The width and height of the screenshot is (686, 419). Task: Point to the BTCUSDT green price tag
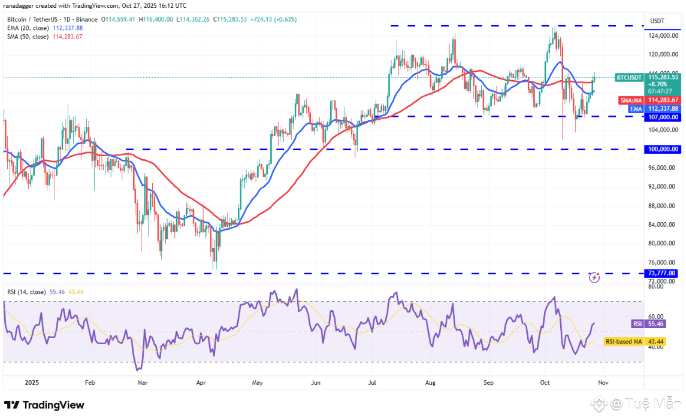point(630,77)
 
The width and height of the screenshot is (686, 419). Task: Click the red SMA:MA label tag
point(630,100)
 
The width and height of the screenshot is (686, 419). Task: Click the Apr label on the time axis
point(201,381)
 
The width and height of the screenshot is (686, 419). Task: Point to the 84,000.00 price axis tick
point(662,225)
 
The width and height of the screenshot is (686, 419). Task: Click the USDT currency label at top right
point(657,21)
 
